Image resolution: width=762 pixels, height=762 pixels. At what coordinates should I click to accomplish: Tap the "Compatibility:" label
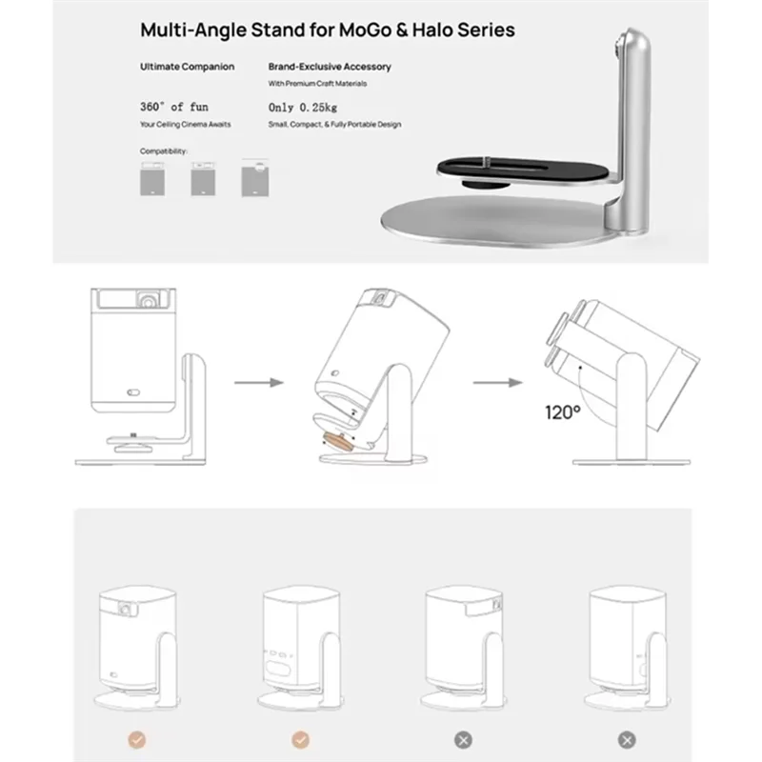[x=164, y=151]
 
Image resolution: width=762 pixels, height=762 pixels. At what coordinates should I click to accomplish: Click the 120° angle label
[x=563, y=412]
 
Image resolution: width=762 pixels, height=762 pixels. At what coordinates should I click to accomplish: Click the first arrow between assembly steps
[x=260, y=383]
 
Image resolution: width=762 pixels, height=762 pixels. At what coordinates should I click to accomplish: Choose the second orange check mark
[x=299, y=738]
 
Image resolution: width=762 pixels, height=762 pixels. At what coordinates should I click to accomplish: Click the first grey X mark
[x=463, y=738]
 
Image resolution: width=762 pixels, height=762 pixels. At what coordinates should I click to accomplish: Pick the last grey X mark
[x=627, y=738]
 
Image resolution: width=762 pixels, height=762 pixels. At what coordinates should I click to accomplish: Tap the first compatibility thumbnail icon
[x=153, y=179]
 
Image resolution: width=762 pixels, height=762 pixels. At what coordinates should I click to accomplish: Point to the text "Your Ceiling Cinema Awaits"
[x=185, y=125]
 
